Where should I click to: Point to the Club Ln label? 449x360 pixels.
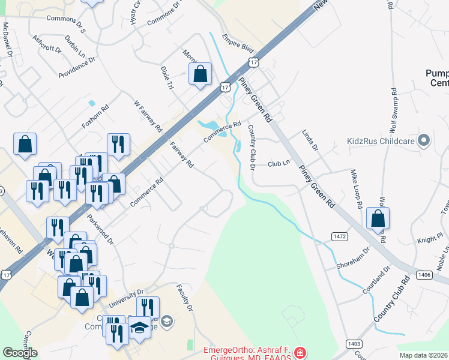pos(279,163)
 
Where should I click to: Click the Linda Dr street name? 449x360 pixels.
pos(310,139)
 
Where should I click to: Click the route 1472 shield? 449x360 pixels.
pos(339,237)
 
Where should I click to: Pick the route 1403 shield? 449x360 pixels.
pos(354,343)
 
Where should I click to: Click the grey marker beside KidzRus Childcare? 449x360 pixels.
pos(424,141)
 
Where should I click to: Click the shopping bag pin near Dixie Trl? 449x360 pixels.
pos(200,74)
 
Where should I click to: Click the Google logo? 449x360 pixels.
pos(20,353)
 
